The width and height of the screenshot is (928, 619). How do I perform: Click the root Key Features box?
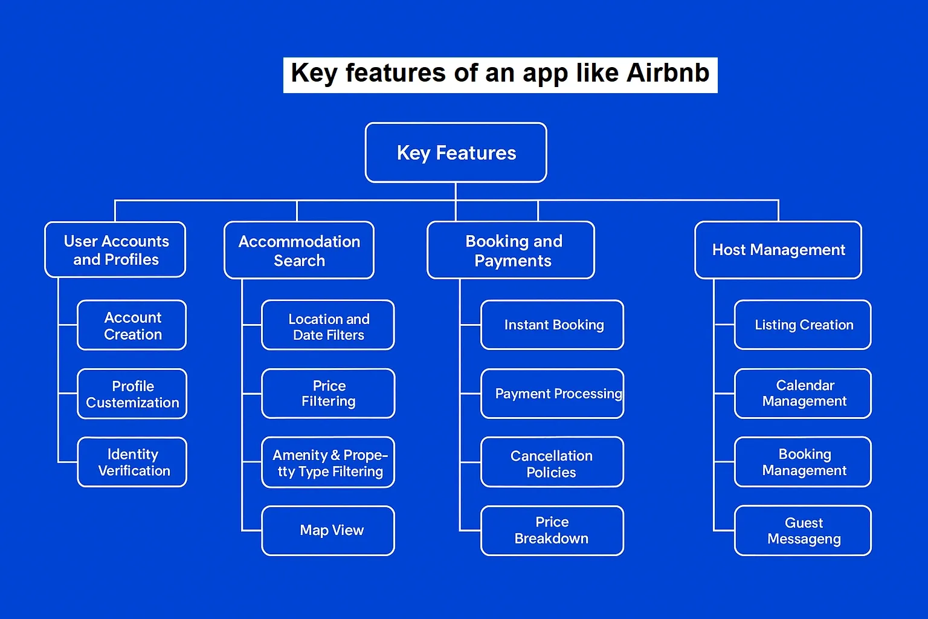tap(456, 152)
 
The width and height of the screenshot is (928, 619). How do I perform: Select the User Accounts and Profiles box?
tap(115, 250)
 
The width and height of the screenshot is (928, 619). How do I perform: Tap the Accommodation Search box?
tap(299, 250)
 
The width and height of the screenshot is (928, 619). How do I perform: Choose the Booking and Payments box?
tap(511, 250)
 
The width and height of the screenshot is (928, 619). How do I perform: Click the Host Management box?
tap(778, 250)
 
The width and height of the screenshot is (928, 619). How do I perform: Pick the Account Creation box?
tap(132, 325)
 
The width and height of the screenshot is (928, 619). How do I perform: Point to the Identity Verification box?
tap(132, 462)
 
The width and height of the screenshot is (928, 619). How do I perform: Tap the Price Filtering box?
tap(328, 394)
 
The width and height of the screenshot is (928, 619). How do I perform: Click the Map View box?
tap(328, 531)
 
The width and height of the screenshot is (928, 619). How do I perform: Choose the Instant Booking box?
tap(552, 325)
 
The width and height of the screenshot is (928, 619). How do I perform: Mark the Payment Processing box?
tap(552, 394)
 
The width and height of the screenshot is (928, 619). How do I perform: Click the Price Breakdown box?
tap(552, 531)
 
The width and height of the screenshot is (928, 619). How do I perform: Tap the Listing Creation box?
tap(803, 325)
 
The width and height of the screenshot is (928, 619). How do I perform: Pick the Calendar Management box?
tap(803, 394)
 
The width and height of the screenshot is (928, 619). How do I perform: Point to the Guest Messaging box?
tap(803, 531)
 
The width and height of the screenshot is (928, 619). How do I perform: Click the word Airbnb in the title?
tap(668, 73)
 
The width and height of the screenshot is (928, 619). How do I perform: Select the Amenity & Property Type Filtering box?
tap(328, 462)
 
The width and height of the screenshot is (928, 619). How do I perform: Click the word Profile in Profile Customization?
tap(133, 386)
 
